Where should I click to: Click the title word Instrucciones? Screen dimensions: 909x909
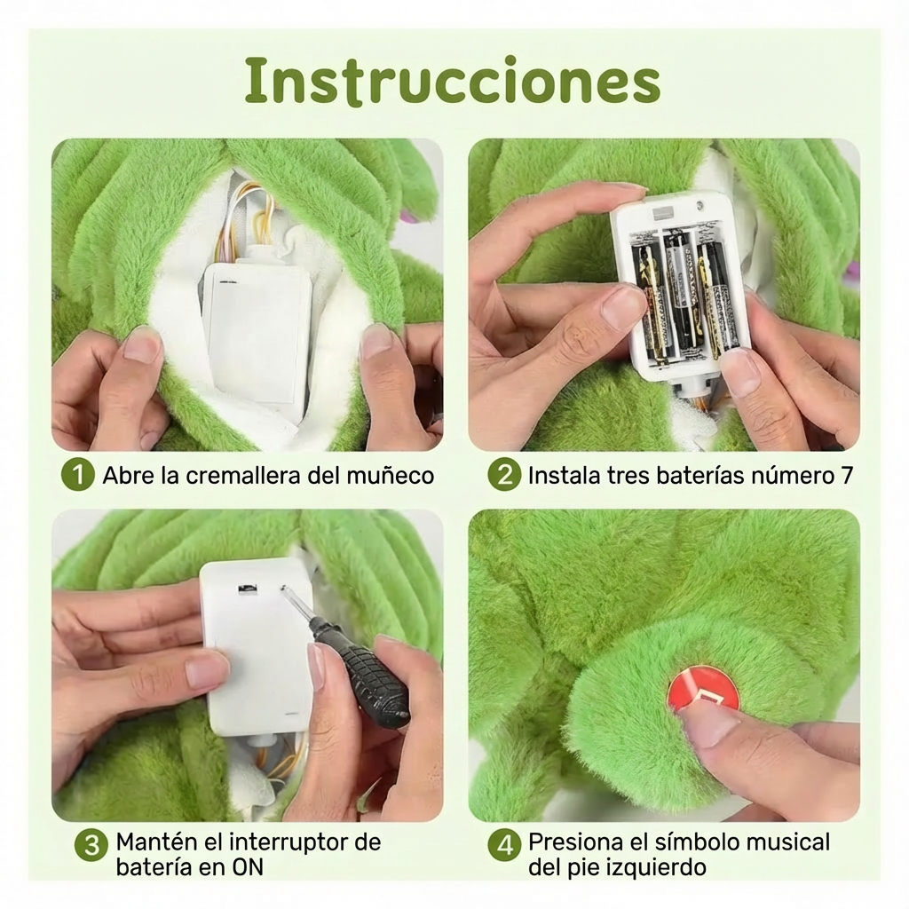453,81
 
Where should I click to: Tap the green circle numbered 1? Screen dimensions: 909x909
77,476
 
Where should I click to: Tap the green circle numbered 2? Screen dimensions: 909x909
504,476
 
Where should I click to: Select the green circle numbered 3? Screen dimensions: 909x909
90,846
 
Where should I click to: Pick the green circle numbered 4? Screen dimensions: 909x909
504,846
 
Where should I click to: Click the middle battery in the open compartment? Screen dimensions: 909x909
679,293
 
